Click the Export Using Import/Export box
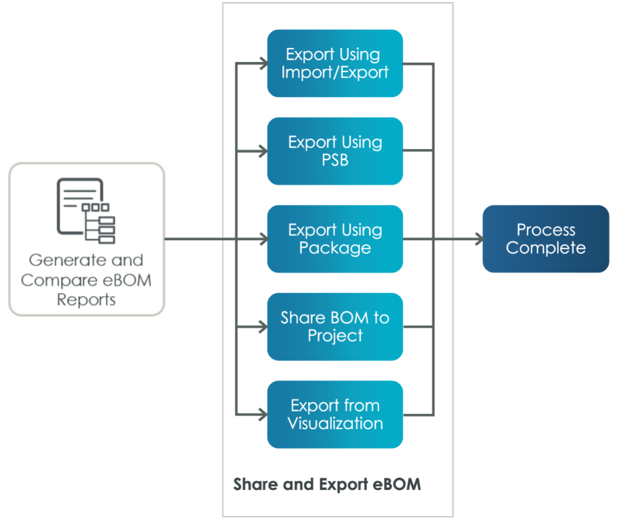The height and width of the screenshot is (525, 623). (335, 63)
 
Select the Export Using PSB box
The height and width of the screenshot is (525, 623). (335, 151)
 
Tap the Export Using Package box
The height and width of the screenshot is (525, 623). (335, 239)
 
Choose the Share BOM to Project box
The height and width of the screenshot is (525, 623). (335, 326)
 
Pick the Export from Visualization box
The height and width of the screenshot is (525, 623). (335, 414)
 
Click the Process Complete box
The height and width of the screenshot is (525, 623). (545, 238)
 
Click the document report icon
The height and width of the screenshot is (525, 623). (86, 210)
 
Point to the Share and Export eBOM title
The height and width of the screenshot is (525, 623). (327, 485)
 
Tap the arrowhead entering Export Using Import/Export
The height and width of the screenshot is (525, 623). (264, 63)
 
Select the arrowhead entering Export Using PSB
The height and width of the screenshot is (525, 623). (264, 151)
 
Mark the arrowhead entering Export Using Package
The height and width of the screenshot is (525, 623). (264, 239)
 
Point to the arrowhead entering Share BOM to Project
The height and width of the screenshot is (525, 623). (264, 327)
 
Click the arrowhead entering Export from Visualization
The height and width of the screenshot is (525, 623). (264, 415)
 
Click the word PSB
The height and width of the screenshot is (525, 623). (335, 160)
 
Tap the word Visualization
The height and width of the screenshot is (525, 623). (335, 423)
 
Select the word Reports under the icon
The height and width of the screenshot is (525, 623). (86, 300)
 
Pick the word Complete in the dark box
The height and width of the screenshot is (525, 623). (545, 248)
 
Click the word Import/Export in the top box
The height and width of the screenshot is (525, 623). (335, 72)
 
